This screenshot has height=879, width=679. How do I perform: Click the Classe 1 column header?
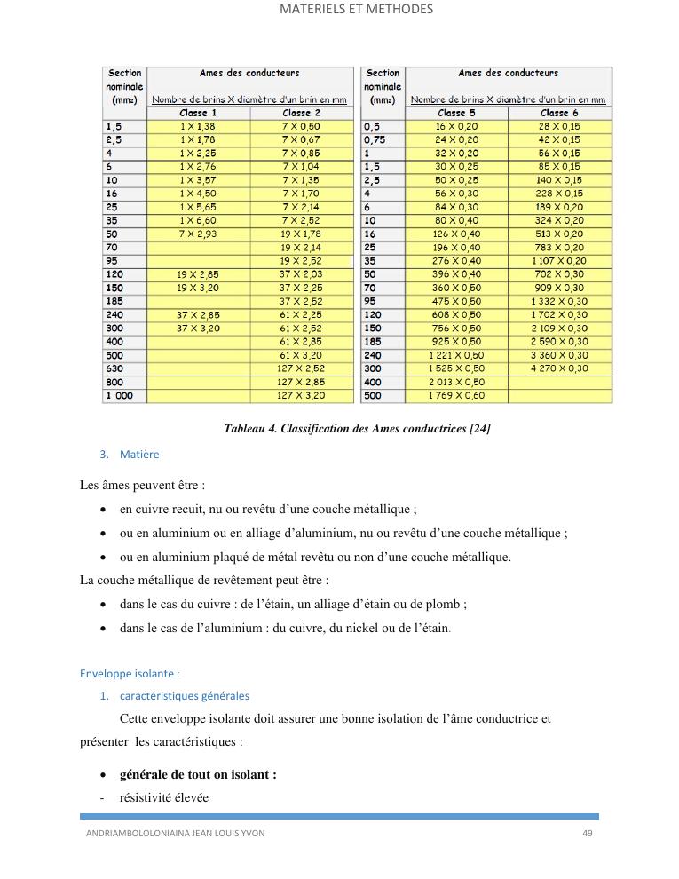(x=198, y=113)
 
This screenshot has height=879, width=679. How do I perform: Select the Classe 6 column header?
(x=559, y=113)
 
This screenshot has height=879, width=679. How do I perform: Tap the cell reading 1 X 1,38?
(x=198, y=127)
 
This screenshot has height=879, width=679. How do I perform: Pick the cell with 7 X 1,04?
(x=301, y=166)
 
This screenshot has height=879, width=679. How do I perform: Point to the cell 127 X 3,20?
(x=301, y=395)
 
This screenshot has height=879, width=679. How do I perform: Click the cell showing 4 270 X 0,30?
(x=559, y=368)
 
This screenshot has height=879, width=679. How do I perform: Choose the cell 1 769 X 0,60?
(x=456, y=395)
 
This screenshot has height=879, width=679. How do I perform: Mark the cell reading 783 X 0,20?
(x=559, y=248)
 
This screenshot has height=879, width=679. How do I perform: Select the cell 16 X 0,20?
(x=456, y=127)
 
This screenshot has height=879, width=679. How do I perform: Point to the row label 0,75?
(x=375, y=139)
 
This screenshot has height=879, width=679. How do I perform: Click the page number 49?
(x=587, y=833)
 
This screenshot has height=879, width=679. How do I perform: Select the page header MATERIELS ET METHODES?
(x=356, y=10)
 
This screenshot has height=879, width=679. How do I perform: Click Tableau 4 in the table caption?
(x=249, y=429)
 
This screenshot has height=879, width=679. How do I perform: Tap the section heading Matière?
(x=139, y=455)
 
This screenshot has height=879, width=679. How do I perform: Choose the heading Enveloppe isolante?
(x=130, y=673)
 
